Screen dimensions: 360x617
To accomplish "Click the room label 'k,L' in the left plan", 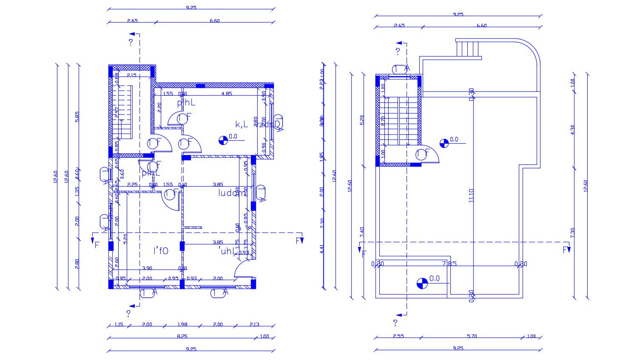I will (242, 124).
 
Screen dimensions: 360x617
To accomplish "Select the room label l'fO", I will (161, 251).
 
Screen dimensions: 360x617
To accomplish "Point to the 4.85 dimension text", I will (226, 94).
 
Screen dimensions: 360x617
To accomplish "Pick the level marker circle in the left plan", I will (222, 140).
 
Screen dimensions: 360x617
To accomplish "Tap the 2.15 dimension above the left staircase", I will (131, 75).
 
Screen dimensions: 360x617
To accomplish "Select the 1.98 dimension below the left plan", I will (182, 325).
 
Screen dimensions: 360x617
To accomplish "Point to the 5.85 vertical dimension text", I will (77, 116).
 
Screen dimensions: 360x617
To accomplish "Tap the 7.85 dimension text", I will (449, 264).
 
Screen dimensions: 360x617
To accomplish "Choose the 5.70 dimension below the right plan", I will (472, 336).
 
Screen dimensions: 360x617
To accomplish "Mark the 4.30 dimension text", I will (572, 130).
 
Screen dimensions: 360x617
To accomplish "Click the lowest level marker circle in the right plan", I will (422, 283).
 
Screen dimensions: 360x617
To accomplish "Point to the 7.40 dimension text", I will (362, 232).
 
